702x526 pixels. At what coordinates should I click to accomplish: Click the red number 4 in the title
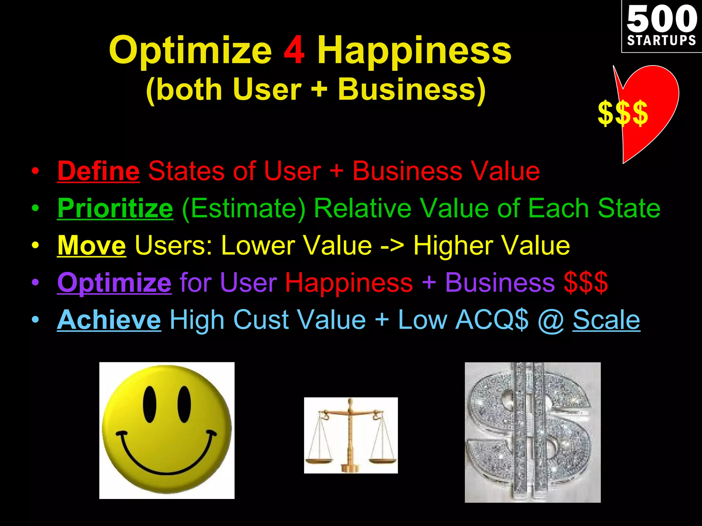point(294,51)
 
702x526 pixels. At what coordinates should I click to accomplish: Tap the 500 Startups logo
point(661,27)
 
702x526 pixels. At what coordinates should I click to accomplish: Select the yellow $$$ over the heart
point(622,113)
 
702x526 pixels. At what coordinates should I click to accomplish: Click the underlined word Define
point(98,171)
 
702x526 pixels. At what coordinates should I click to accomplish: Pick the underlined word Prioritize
point(115,208)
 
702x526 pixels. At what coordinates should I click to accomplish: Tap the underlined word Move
point(92,246)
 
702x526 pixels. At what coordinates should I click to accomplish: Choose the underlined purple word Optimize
point(114,283)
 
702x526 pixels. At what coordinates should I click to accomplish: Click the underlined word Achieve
point(109,320)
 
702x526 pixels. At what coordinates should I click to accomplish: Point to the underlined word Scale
point(606,320)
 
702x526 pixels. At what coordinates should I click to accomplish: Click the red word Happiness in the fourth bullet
point(349,283)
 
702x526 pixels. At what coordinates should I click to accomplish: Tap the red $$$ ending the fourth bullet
point(586,283)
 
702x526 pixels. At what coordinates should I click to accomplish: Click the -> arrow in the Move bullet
point(392,246)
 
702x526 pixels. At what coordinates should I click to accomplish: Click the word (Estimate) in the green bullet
point(244,208)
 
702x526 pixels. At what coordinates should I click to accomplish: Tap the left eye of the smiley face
point(150,404)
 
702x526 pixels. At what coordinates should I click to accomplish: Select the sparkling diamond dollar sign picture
point(532,432)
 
